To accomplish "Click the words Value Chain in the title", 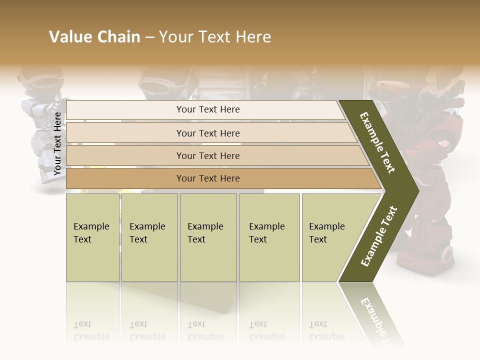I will [94, 37].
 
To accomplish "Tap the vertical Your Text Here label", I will [57, 143].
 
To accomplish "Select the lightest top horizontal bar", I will [207, 109].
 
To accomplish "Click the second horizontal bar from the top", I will [207, 133].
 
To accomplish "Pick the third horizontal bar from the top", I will [207, 155].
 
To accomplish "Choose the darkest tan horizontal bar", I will [207, 178].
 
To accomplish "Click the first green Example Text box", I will [92, 237].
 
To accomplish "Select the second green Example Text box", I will [149, 237].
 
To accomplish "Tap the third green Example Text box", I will [207, 237].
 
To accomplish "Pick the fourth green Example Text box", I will [269, 237].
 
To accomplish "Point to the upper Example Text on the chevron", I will [378, 142].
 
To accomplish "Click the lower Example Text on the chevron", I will [379, 236].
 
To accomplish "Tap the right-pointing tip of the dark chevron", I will [415, 191].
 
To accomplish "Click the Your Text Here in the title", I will [215, 37].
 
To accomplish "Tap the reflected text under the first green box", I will [91, 330].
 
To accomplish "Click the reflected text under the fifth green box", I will [326, 330].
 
